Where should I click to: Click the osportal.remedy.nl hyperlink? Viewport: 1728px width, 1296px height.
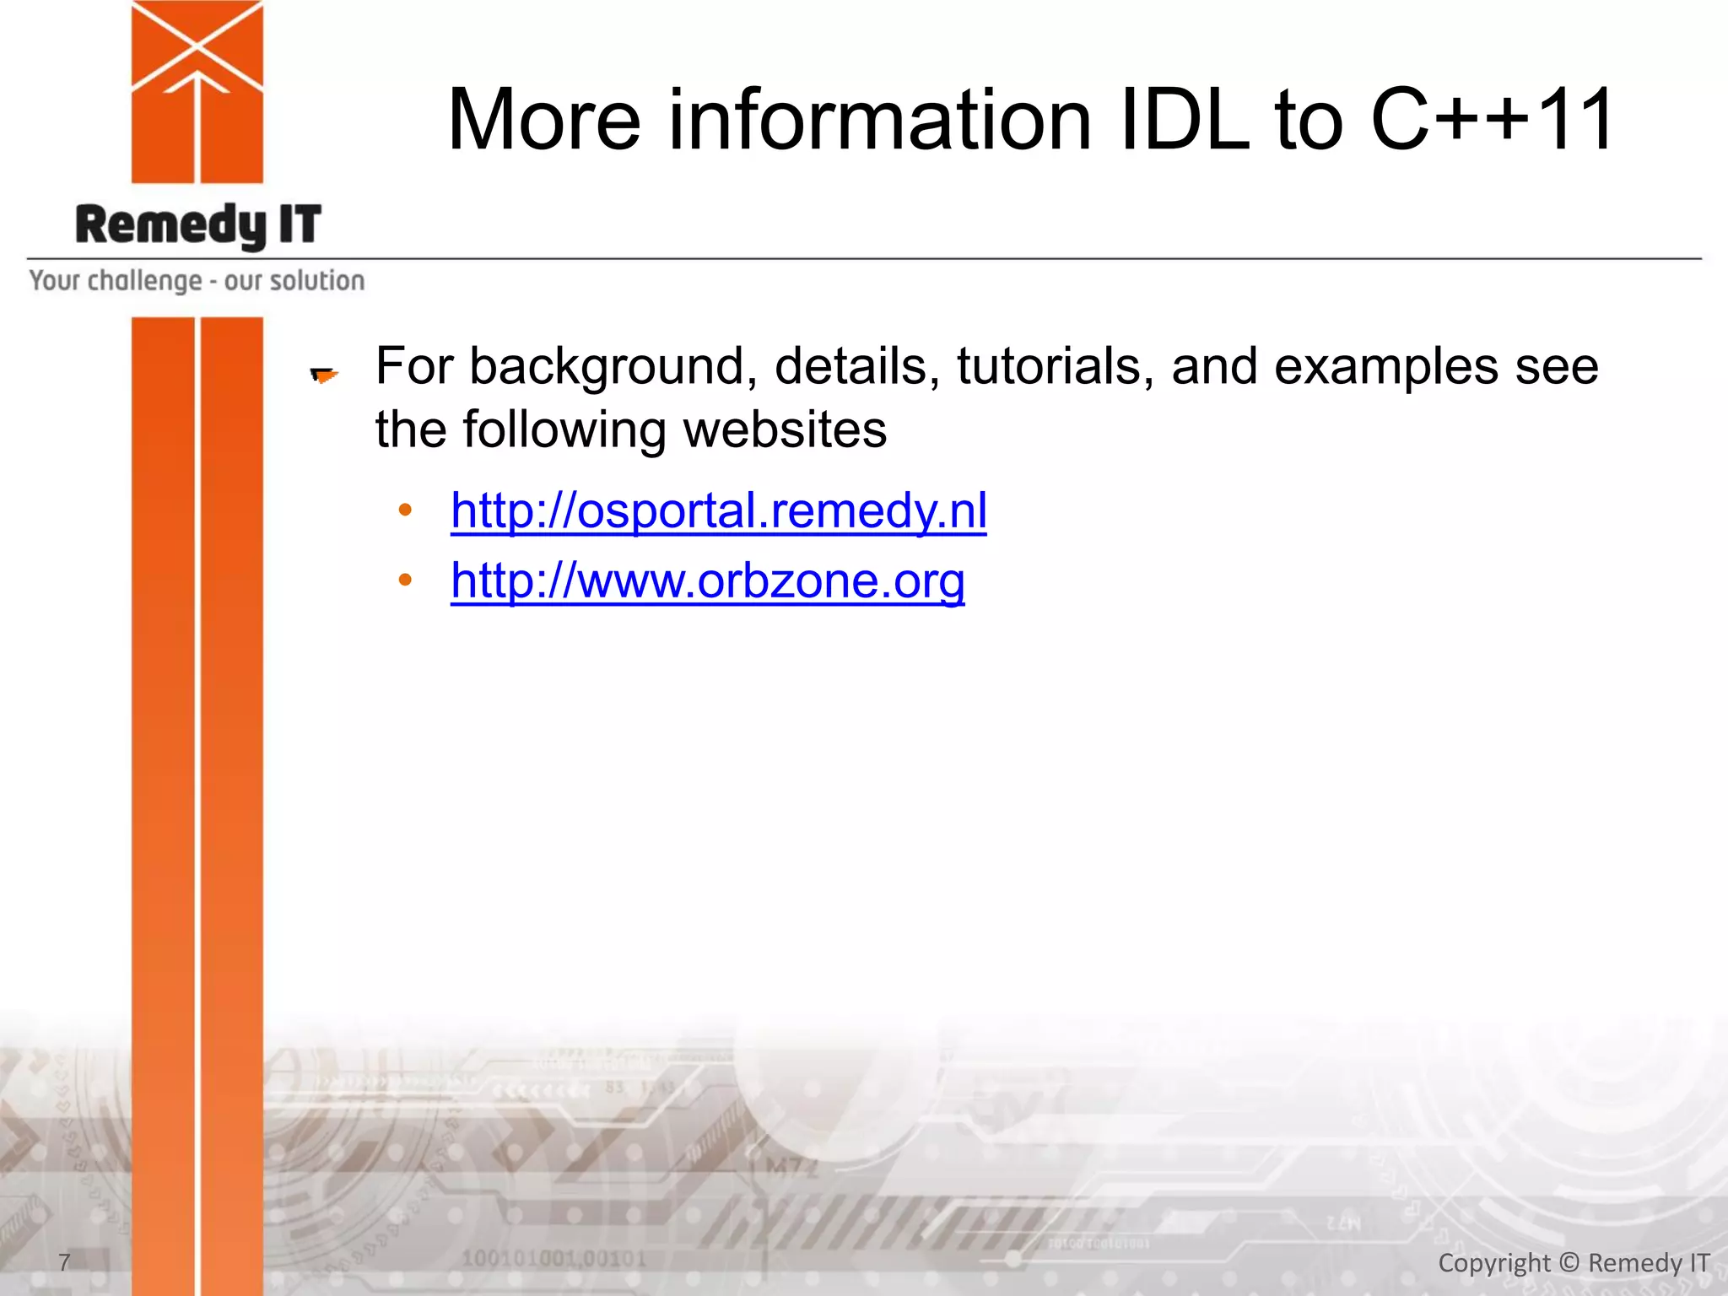click(x=718, y=511)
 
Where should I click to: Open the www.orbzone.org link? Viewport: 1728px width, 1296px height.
click(x=707, y=581)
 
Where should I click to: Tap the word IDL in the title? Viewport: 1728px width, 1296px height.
click(x=1185, y=121)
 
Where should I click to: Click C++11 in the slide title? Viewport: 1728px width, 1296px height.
click(x=1492, y=121)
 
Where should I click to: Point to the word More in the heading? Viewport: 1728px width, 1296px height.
click(x=544, y=121)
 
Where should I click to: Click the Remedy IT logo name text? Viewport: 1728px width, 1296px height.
click(x=198, y=225)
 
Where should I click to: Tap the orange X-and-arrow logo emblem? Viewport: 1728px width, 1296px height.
click(x=197, y=91)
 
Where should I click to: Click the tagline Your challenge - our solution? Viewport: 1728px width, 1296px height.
click(x=197, y=281)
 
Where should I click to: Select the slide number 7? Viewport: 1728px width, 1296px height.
click(x=64, y=1262)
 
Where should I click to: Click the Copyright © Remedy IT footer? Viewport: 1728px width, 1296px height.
click(x=1574, y=1263)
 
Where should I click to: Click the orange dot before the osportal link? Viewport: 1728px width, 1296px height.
click(x=405, y=510)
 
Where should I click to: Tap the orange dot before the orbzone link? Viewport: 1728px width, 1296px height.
click(x=405, y=580)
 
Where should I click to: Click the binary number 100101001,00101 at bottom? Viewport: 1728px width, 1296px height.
click(x=553, y=1259)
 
